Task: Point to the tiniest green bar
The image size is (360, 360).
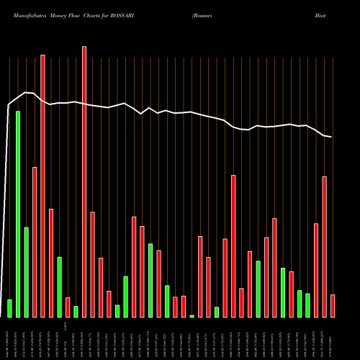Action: [x=192, y=315]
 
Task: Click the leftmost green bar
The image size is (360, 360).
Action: [x=9, y=308]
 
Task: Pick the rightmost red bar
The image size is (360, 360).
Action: [x=333, y=305]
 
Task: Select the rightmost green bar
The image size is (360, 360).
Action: [x=307, y=305]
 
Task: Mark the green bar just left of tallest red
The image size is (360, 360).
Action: [x=76, y=311]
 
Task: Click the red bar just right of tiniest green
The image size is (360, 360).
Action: [x=200, y=276]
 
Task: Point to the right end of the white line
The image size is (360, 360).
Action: [x=331, y=137]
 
